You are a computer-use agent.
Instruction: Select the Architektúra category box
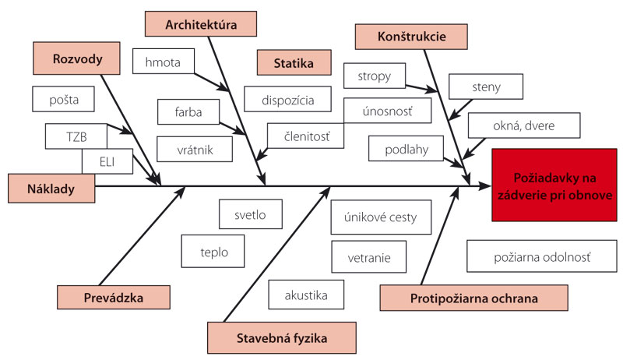[201, 23]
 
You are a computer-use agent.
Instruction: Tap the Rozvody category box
[78, 58]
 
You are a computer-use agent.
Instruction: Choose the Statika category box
[293, 63]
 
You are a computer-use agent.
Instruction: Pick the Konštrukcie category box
[411, 36]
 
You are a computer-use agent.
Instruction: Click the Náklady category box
[51, 186]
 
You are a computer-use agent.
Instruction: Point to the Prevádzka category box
[114, 298]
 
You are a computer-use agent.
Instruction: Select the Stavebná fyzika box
[282, 338]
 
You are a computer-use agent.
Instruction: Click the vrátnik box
[194, 147]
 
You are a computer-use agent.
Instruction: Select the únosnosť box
[385, 111]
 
